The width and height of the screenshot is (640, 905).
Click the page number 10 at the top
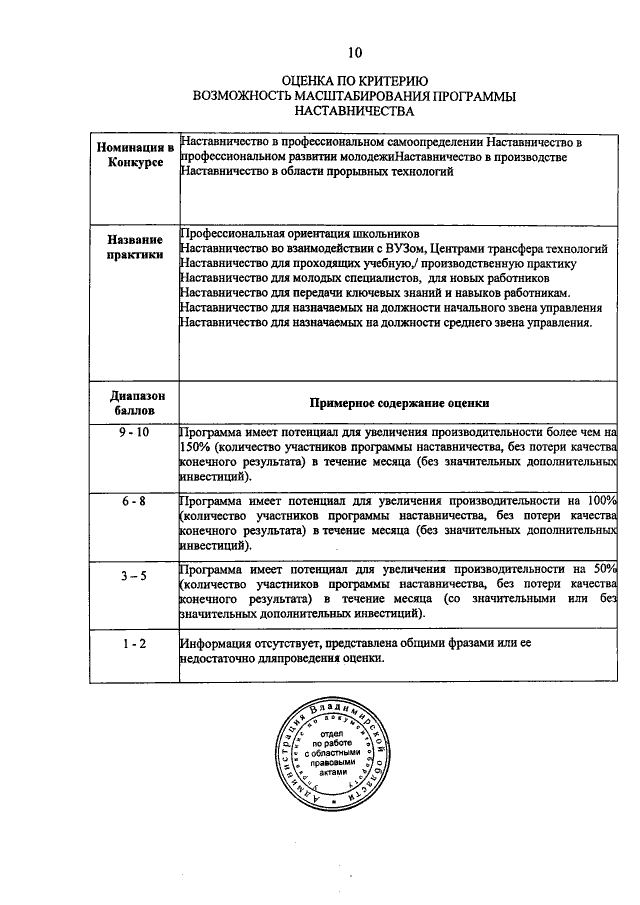(355, 51)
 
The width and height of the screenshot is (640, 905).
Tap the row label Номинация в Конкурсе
(135, 156)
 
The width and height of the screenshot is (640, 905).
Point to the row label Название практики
(135, 247)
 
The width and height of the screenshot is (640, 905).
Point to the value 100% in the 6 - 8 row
(601, 500)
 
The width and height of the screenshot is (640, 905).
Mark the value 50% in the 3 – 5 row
(604, 568)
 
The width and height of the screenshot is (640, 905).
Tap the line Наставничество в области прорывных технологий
(318, 172)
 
